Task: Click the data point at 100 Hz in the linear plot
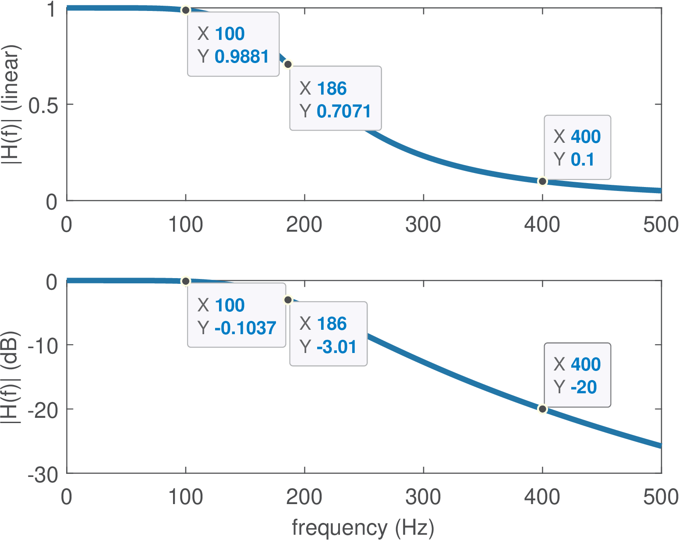(186, 10)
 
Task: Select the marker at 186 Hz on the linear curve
(288, 64)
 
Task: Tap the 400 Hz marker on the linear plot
(542, 181)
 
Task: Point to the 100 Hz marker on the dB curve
(186, 281)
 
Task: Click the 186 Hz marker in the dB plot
(288, 300)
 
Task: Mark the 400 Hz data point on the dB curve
(542, 409)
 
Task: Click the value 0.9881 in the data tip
(242, 56)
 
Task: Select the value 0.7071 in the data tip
(344, 111)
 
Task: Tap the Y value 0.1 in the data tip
(582, 159)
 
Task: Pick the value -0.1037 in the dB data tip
(245, 328)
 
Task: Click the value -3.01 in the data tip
(336, 347)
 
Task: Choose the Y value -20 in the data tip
(584, 387)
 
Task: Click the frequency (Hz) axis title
(363, 528)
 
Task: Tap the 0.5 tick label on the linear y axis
(43, 105)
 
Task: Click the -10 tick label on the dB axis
(42, 346)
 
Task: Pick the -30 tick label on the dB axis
(42, 474)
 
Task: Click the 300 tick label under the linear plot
(423, 225)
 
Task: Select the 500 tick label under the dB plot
(661, 498)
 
